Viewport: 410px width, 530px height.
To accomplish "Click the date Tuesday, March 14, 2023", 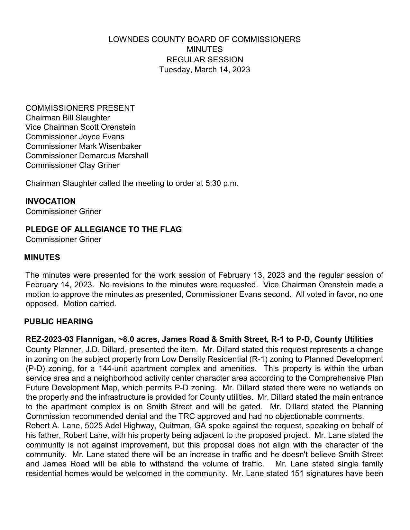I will [x=205, y=70].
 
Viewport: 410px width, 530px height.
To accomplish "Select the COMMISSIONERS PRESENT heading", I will [x=80, y=108].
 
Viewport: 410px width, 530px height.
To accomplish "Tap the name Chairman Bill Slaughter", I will [x=68, y=118].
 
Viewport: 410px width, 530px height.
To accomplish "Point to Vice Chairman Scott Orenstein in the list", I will [x=80, y=127].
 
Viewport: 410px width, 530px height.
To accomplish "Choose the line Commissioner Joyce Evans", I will [x=75, y=137].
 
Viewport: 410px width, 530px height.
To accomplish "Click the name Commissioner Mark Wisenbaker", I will [x=83, y=146].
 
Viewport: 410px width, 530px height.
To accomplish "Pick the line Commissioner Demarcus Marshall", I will [x=87, y=156].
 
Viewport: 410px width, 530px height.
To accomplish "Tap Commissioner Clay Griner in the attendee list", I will [x=72, y=165].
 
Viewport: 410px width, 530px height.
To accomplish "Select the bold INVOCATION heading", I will [x=50, y=201].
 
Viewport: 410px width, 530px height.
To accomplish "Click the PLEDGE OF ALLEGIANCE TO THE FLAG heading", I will [x=104, y=230].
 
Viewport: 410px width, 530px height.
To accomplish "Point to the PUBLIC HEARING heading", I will [x=59, y=322].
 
